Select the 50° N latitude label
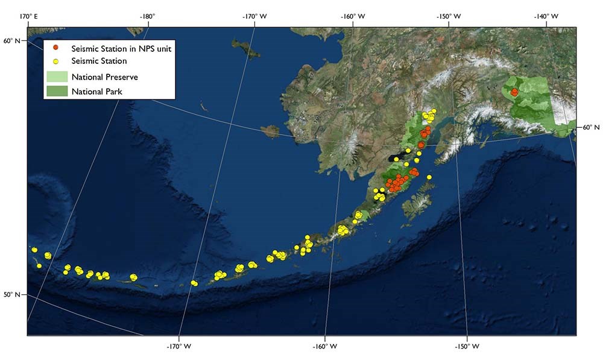(x=12, y=295)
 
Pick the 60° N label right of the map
(x=589, y=128)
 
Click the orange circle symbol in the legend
(x=56, y=48)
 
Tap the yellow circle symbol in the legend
(x=56, y=61)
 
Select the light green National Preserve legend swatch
(x=57, y=77)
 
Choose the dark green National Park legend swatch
(x=57, y=92)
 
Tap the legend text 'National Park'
(x=96, y=92)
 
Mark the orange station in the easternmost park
(x=514, y=92)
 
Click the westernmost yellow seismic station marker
(x=34, y=250)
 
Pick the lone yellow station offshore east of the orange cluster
(x=429, y=177)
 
